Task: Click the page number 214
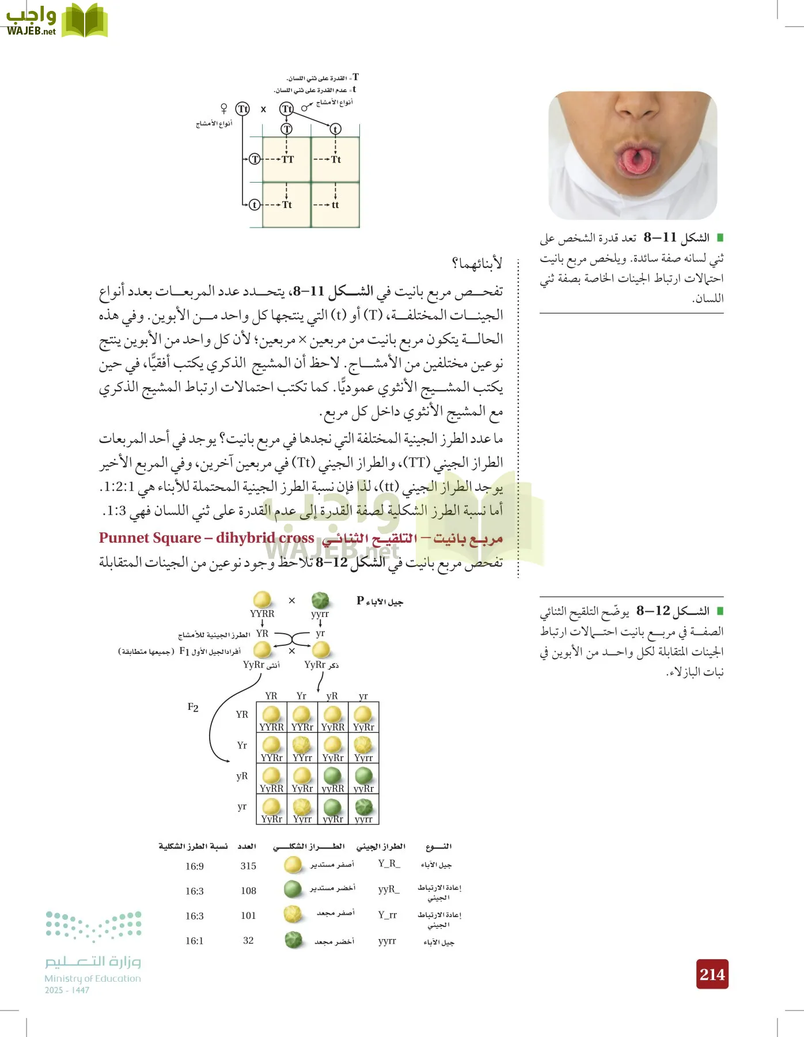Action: tap(712, 974)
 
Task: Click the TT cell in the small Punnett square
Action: tap(287, 160)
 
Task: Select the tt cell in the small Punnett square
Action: tap(335, 205)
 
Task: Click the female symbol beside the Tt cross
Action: tap(224, 108)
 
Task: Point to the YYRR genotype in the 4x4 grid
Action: tap(271, 727)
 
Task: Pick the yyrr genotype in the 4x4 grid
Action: tap(363, 819)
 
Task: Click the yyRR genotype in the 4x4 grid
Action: tap(333, 789)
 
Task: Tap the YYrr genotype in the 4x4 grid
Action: tap(302, 758)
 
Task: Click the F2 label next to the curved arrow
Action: tap(193, 707)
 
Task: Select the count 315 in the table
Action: tap(248, 866)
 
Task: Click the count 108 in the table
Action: tap(248, 891)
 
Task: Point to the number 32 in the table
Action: tap(248, 940)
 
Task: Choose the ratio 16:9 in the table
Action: tap(195, 866)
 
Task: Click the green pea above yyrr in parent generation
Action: tap(320, 600)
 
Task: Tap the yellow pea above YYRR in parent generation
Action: tap(262, 600)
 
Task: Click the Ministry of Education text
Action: tap(93, 978)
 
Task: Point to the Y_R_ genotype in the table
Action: tap(389, 864)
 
